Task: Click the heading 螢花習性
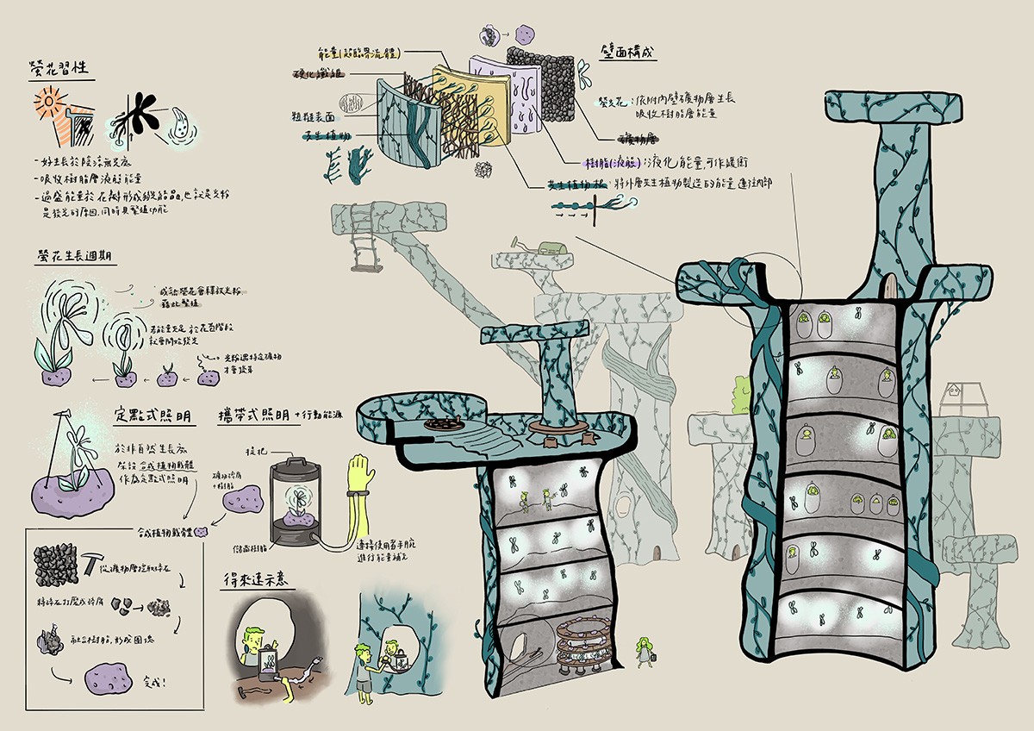(x=63, y=67)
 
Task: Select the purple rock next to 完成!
(x=110, y=677)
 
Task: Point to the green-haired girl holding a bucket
(x=644, y=652)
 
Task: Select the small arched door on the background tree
(x=659, y=549)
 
